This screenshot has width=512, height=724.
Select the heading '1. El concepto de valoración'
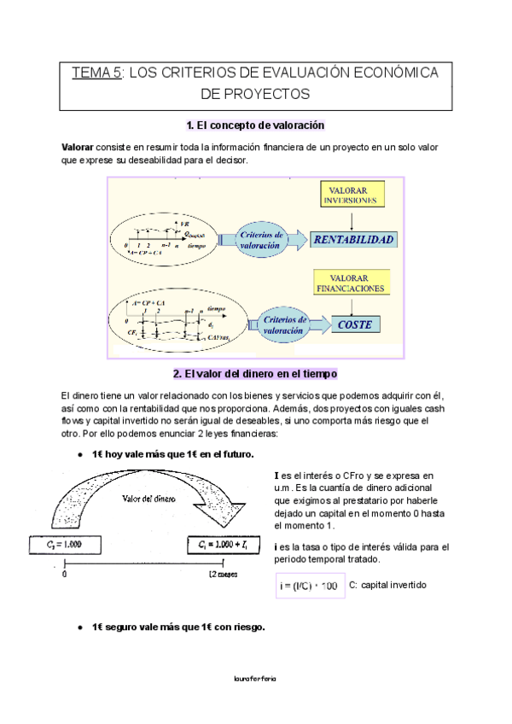[x=256, y=126]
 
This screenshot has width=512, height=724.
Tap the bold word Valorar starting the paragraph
[x=79, y=148]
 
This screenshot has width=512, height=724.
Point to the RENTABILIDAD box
[x=352, y=240]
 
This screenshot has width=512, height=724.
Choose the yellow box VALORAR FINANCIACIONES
[x=353, y=283]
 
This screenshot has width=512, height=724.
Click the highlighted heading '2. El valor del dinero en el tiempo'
[x=256, y=374]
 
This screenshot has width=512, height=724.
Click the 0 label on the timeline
[x=65, y=575]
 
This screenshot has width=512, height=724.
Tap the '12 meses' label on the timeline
[x=224, y=575]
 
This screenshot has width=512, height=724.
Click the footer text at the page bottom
[x=255, y=678]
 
